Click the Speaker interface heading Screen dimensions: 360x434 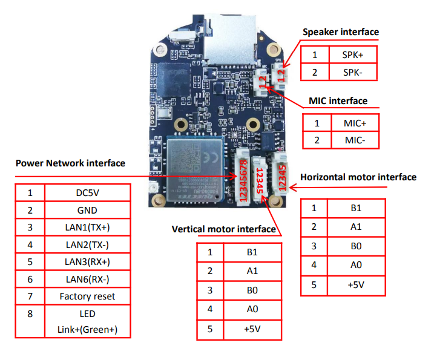340,31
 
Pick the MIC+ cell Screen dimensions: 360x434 355,123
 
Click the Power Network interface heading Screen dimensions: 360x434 70,163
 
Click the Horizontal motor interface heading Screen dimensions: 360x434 358,177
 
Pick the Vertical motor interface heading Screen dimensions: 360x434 224,229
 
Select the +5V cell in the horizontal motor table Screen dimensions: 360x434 356,283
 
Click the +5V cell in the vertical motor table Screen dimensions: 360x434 252,329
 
